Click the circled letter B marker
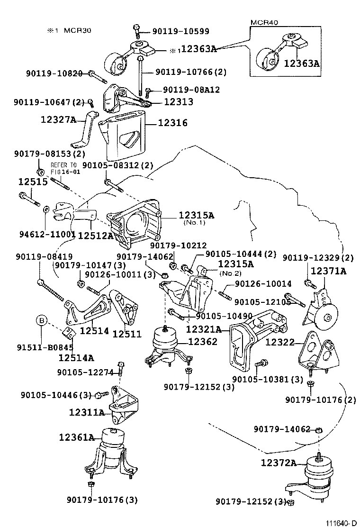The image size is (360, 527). (42, 321)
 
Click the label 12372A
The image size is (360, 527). (278, 463)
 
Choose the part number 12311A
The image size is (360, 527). (86, 412)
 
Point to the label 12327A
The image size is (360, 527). (58, 120)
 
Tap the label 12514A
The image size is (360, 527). (76, 357)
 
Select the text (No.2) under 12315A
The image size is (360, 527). (230, 273)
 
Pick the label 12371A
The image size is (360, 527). (328, 271)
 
